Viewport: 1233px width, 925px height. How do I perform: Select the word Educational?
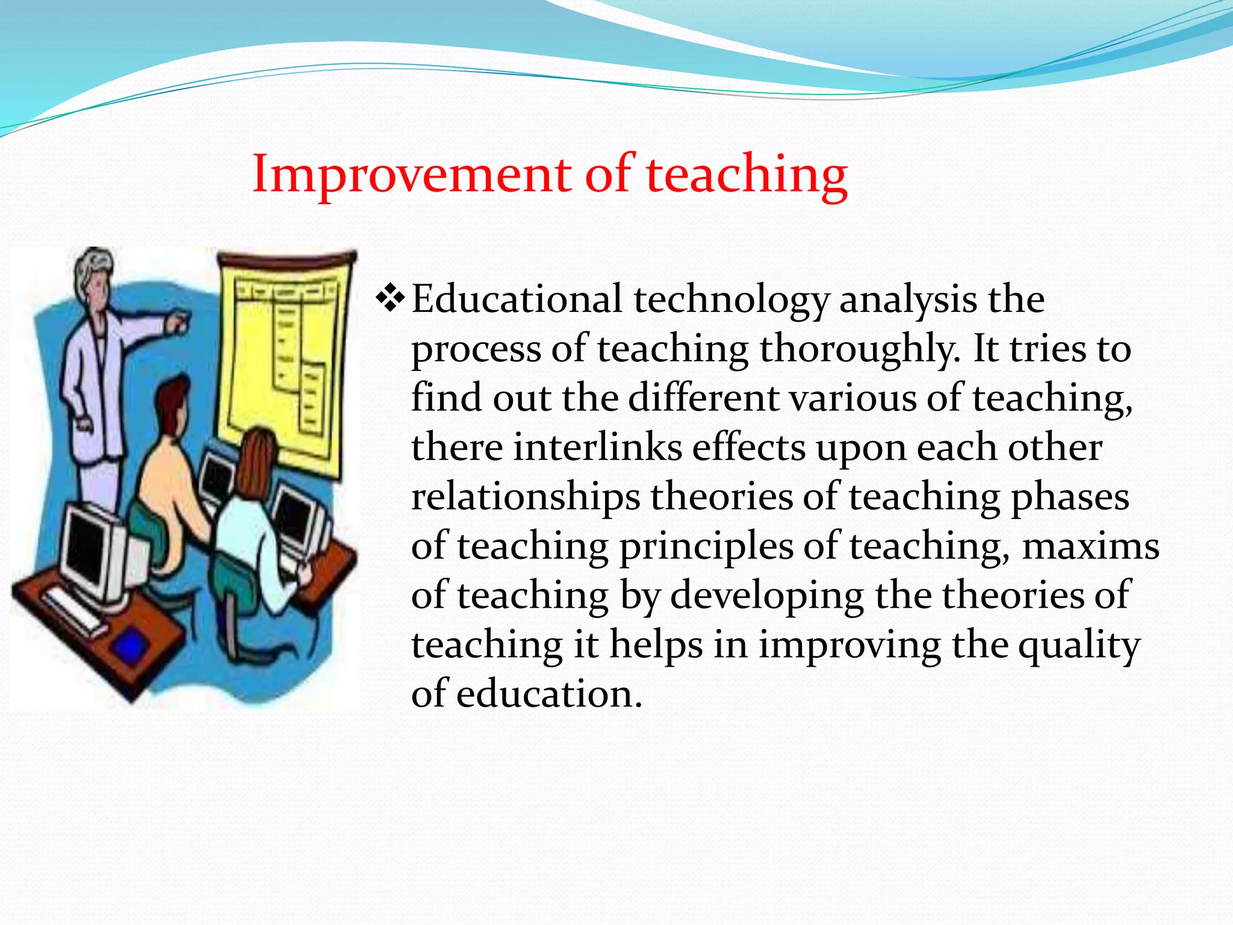click(x=517, y=299)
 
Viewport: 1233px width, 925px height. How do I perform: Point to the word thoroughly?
click(x=860, y=349)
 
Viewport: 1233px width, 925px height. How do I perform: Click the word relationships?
click(x=525, y=497)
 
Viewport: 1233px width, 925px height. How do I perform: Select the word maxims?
click(x=1090, y=547)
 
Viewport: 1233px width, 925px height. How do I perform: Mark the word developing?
click(x=767, y=596)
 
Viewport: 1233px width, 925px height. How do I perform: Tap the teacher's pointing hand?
click(x=178, y=323)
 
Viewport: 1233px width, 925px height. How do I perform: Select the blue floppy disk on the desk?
click(x=130, y=647)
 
